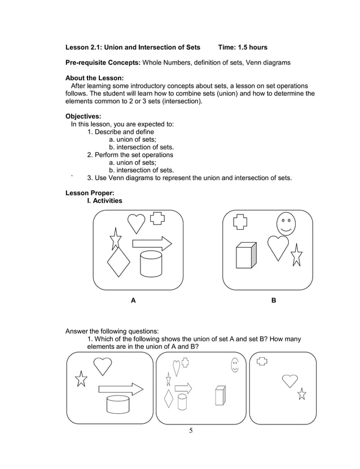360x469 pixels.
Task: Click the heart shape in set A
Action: point(136,223)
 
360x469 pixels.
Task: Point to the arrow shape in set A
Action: point(152,244)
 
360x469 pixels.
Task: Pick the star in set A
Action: point(115,239)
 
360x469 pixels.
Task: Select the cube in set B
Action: point(245,256)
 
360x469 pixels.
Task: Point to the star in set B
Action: point(296,256)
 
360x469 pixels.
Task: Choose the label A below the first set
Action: point(133,301)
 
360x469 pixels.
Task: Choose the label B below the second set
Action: point(274,301)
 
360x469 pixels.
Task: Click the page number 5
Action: point(191,431)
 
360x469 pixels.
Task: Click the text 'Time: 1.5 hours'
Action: point(243,47)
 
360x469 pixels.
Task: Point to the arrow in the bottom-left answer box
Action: point(121,388)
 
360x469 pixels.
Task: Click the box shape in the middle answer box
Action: point(219,396)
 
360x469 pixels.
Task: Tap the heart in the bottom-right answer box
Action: point(290,380)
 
